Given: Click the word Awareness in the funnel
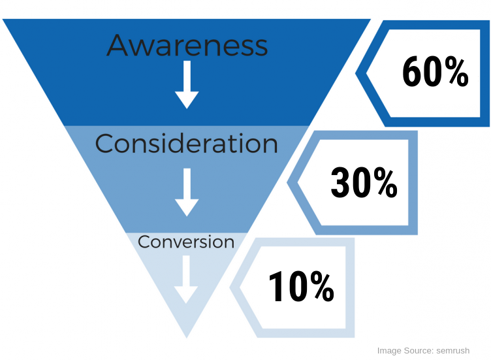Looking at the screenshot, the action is [187, 45].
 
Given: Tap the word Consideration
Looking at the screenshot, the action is [186, 144].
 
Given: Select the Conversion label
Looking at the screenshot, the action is [186, 242].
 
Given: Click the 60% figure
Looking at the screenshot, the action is [436, 72].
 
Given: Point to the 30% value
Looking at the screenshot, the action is [364, 182].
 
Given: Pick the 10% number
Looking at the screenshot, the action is [301, 286].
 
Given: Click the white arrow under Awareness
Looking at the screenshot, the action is [187, 84].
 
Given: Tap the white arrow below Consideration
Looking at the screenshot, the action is [187, 192].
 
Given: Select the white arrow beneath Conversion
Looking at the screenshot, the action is [186, 280].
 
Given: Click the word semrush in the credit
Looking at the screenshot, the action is [452, 351].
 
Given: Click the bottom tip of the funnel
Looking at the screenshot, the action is [187, 338].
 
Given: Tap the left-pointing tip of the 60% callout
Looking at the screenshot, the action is [356, 73].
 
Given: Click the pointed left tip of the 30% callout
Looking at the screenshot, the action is [287, 182].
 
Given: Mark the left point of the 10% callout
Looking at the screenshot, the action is [230, 287].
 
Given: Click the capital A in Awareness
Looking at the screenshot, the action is [117, 45].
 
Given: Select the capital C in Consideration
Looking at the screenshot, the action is [104, 144].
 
